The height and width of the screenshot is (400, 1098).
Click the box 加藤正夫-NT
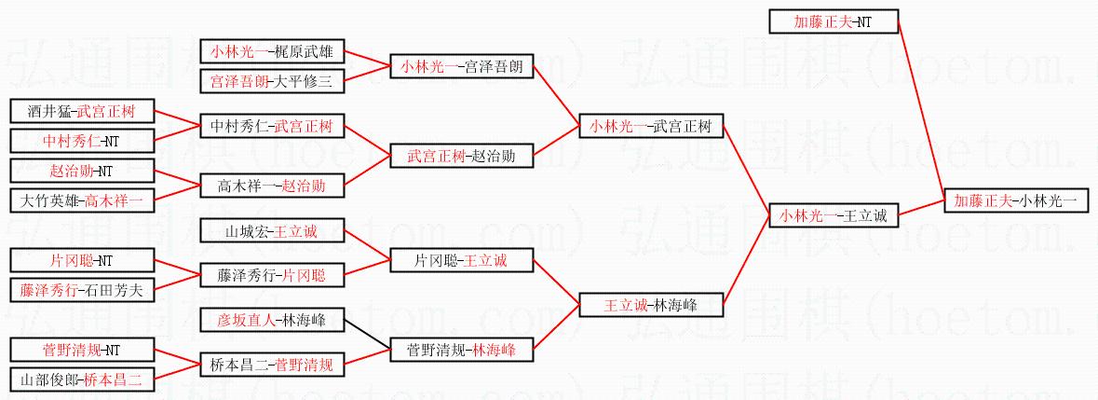[834, 21]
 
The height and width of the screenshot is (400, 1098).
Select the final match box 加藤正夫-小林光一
[1021, 200]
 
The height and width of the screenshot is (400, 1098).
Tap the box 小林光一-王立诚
[834, 215]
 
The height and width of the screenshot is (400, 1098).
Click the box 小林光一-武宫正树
[651, 126]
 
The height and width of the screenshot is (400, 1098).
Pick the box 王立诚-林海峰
[651, 305]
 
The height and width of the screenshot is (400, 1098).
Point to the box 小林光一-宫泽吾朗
[462, 67]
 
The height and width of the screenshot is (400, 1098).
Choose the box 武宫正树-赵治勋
[462, 156]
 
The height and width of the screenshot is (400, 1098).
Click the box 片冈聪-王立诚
[462, 260]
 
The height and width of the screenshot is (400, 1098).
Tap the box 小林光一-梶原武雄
[272, 51]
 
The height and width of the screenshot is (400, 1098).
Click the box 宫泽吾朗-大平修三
[272, 81]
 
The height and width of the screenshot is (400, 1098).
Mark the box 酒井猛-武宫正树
[82, 111]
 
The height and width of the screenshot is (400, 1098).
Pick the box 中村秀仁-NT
[82, 140]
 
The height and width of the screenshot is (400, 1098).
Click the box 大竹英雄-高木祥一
[82, 200]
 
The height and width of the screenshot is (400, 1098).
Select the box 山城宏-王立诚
[272, 230]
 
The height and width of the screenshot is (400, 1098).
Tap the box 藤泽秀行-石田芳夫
[82, 290]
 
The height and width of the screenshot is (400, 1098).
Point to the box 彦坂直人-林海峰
[272, 320]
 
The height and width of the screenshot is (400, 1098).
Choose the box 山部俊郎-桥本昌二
[82, 379]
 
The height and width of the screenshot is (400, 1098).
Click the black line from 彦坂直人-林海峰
[367, 335]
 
